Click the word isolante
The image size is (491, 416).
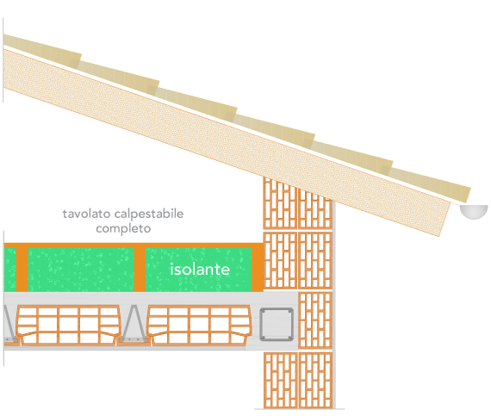pos(200,270)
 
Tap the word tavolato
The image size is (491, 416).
pos(86,214)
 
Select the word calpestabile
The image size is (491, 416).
pos(149,214)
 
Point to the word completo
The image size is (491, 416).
pos(123,229)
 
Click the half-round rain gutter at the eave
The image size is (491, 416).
pos(474,212)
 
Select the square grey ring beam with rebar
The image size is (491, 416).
pos(277,325)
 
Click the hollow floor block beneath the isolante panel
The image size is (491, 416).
pos(199,326)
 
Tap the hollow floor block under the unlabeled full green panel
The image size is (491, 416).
pos(68,326)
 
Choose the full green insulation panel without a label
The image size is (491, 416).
pos(81,270)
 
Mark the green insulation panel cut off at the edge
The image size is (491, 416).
pos(9,270)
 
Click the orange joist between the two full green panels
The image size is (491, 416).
pos(140,270)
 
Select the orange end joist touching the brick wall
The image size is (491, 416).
pos(257,270)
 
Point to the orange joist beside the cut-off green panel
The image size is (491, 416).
pos(22,270)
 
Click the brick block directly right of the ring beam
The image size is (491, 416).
pos(315,320)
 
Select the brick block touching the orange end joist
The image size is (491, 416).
pos(280,260)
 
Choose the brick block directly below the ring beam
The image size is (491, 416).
pos(281,381)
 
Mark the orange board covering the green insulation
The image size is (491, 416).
pos(134,245)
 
